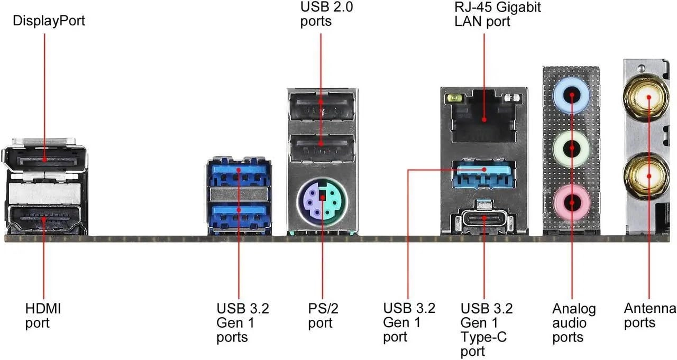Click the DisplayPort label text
(x=48, y=21)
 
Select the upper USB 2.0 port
(x=322, y=110)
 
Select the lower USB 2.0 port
(x=322, y=149)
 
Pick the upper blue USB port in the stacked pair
(x=239, y=174)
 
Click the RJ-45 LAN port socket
(x=484, y=117)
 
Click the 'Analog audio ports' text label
(x=574, y=322)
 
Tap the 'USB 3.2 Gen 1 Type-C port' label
(x=486, y=329)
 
